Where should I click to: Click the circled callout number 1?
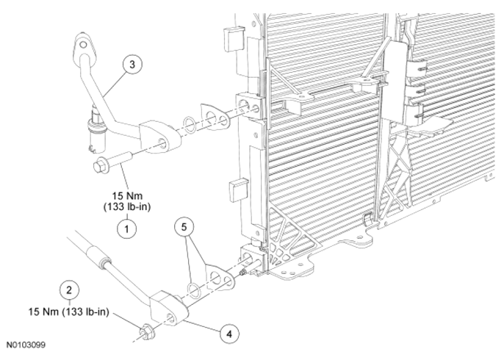[x=126, y=229]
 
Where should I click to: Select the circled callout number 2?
[x=69, y=290]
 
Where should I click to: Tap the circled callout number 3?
[x=132, y=65]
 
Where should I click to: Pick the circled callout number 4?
[x=229, y=334]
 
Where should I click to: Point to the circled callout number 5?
[x=184, y=227]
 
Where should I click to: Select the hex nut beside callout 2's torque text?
[x=145, y=331]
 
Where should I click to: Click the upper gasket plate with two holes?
[x=215, y=117]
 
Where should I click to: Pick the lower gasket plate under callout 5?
[x=220, y=278]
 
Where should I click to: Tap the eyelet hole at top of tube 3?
[x=83, y=44]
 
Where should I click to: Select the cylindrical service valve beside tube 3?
[x=96, y=130]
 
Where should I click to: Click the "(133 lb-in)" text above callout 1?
[x=127, y=206]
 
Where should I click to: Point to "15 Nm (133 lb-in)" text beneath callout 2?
[x=69, y=312]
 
